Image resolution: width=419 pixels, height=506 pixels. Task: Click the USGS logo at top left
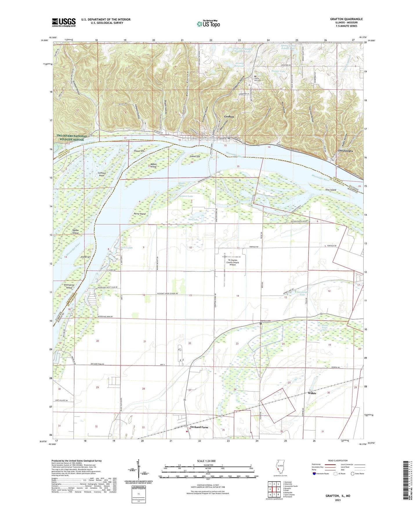(64, 22)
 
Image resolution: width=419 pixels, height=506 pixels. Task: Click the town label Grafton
(229, 117)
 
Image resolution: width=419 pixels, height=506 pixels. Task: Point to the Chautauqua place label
(345, 151)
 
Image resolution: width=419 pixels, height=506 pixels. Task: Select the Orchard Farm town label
(199, 427)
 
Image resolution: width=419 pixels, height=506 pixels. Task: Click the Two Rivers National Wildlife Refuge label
(72, 138)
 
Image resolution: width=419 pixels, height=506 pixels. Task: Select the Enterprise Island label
(69, 286)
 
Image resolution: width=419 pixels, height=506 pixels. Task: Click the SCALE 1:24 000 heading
(208, 461)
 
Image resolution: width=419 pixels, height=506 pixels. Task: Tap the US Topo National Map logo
(208, 23)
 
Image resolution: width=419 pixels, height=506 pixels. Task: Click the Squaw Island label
(75, 232)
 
